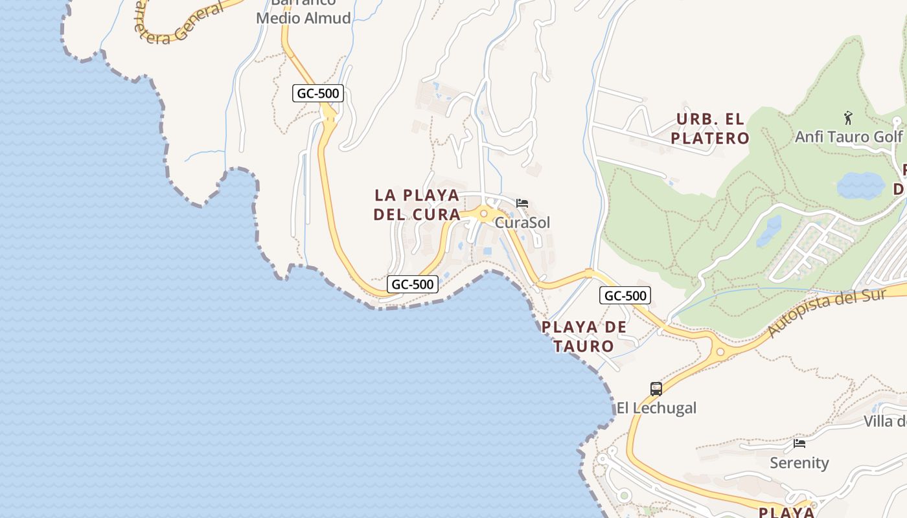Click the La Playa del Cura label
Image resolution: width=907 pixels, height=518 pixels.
coord(417,205)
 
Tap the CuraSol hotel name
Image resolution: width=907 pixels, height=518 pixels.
coord(522,223)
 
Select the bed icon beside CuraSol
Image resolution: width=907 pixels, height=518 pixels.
coord(522,203)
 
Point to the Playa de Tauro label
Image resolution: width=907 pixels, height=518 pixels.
coord(584,336)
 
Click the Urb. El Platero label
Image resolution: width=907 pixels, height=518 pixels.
coord(710,129)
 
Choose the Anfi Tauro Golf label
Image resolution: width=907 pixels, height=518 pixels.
coord(849,137)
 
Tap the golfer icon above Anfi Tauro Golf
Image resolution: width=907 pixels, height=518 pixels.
coord(848,118)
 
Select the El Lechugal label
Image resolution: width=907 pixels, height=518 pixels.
coord(656,408)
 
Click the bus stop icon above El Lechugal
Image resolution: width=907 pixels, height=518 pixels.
coord(656,389)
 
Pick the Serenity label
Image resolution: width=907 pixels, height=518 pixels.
coord(799,463)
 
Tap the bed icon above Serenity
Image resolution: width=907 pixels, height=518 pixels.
coord(799,444)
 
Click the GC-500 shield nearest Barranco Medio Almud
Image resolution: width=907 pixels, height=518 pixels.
coord(317,93)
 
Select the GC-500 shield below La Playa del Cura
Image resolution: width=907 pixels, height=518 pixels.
coord(413,284)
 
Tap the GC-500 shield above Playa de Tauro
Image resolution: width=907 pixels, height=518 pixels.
coord(625,296)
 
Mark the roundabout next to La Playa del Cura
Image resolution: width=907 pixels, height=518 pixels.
coord(483,213)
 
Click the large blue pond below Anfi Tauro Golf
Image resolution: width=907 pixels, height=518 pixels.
coord(860,186)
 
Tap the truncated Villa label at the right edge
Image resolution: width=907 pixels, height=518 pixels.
coord(886,422)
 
